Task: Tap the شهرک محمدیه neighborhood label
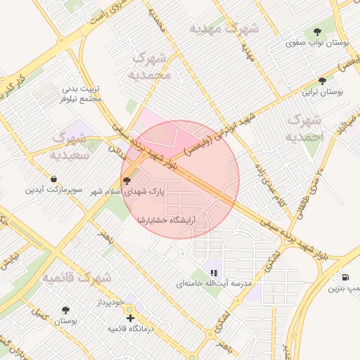tap(150, 65)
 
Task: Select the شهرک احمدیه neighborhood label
tap(305, 127)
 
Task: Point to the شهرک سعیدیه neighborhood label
tap(72, 145)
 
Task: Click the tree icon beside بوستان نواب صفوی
tap(318, 32)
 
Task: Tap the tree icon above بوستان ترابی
tap(322, 81)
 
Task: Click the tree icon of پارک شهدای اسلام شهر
tap(127, 181)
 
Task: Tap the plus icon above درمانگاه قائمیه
tap(130, 318)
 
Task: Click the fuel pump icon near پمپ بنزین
tap(345, 277)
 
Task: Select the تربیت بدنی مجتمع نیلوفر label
tap(83, 94)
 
